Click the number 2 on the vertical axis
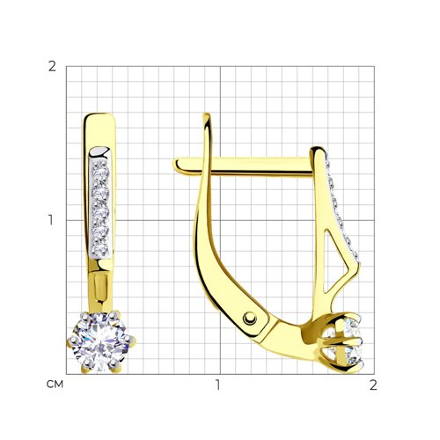[x=52, y=67]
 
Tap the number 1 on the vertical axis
[x=51, y=220]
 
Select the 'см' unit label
[x=55, y=385]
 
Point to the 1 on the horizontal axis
[x=217, y=385]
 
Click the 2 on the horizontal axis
[x=373, y=385]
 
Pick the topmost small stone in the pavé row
[x=100, y=169]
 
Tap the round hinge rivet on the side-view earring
[x=250, y=319]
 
